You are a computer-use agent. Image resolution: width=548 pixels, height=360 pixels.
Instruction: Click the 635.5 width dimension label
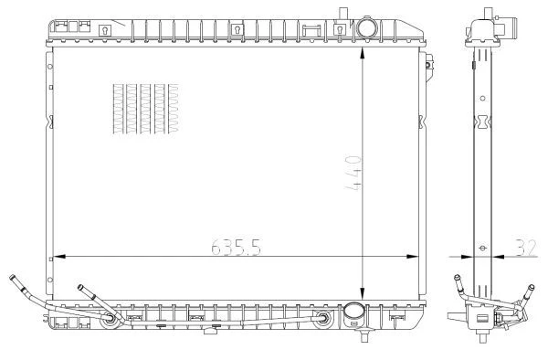click(237, 247)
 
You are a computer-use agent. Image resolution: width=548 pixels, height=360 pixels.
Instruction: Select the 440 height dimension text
click(353, 173)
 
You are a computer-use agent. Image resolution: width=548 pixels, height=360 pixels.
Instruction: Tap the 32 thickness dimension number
click(526, 248)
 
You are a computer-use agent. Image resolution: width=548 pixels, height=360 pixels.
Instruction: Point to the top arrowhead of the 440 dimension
click(363, 53)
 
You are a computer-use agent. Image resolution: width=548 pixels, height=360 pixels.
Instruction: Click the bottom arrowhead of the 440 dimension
click(363, 294)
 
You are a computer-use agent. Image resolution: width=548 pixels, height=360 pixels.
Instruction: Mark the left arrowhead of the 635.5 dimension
click(59, 257)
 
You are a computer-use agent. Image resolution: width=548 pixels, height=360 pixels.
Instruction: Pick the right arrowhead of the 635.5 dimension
click(413, 257)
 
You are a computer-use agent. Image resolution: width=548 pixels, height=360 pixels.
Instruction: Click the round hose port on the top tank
click(366, 27)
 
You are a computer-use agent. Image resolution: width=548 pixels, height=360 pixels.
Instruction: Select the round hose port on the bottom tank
click(354, 312)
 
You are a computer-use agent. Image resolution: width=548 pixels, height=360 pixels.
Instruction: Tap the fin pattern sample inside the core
click(146, 109)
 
